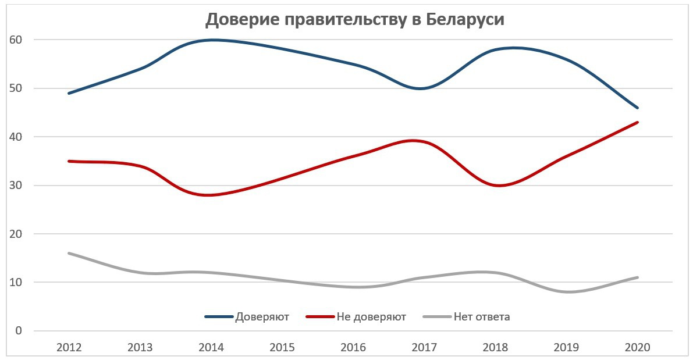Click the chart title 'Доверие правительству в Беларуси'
(x=354, y=20)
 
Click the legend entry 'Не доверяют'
(x=371, y=317)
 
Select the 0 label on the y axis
(x=19, y=331)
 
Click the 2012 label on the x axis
(x=69, y=347)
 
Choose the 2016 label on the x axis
(x=353, y=347)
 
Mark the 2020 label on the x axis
(x=638, y=347)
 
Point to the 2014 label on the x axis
(x=211, y=347)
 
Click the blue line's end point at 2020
(x=638, y=108)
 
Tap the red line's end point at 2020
(x=638, y=122)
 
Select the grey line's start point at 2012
(x=69, y=253)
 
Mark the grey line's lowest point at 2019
(x=567, y=292)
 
